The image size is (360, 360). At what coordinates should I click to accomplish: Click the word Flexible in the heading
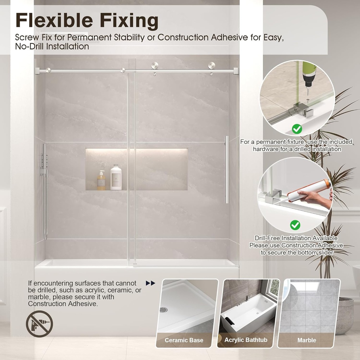[55, 21]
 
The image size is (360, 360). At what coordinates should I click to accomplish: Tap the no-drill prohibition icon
[39, 324]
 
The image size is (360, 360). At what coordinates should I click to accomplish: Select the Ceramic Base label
[184, 340]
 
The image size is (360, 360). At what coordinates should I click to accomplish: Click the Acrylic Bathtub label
[246, 340]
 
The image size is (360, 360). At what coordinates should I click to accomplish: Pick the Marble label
[307, 340]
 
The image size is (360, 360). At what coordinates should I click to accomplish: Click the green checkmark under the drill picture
[297, 129]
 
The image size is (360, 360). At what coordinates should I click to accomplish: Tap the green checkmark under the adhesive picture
[295, 224]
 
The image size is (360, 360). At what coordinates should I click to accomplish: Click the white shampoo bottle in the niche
[116, 178]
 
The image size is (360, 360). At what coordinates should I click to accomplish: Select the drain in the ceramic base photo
[163, 310]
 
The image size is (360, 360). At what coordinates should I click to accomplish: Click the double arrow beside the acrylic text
[150, 283]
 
